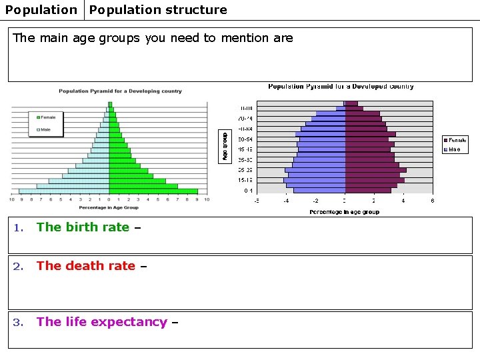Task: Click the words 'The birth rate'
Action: (x=83, y=227)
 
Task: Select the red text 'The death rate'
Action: (x=85, y=266)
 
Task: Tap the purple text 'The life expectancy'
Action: (x=101, y=322)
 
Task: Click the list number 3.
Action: (x=19, y=323)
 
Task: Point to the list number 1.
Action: (x=19, y=228)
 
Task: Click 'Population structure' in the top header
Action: (x=158, y=10)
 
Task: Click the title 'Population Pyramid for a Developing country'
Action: (x=120, y=91)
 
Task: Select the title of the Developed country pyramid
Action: (x=341, y=87)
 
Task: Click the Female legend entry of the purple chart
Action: (x=456, y=140)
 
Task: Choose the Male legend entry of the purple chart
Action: (x=453, y=149)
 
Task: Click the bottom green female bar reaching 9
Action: (x=153, y=191)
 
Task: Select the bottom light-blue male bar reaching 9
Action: (x=64, y=191)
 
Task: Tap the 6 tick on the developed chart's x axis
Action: (x=432, y=201)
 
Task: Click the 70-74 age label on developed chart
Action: (x=246, y=118)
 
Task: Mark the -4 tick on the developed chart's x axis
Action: (x=286, y=201)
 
